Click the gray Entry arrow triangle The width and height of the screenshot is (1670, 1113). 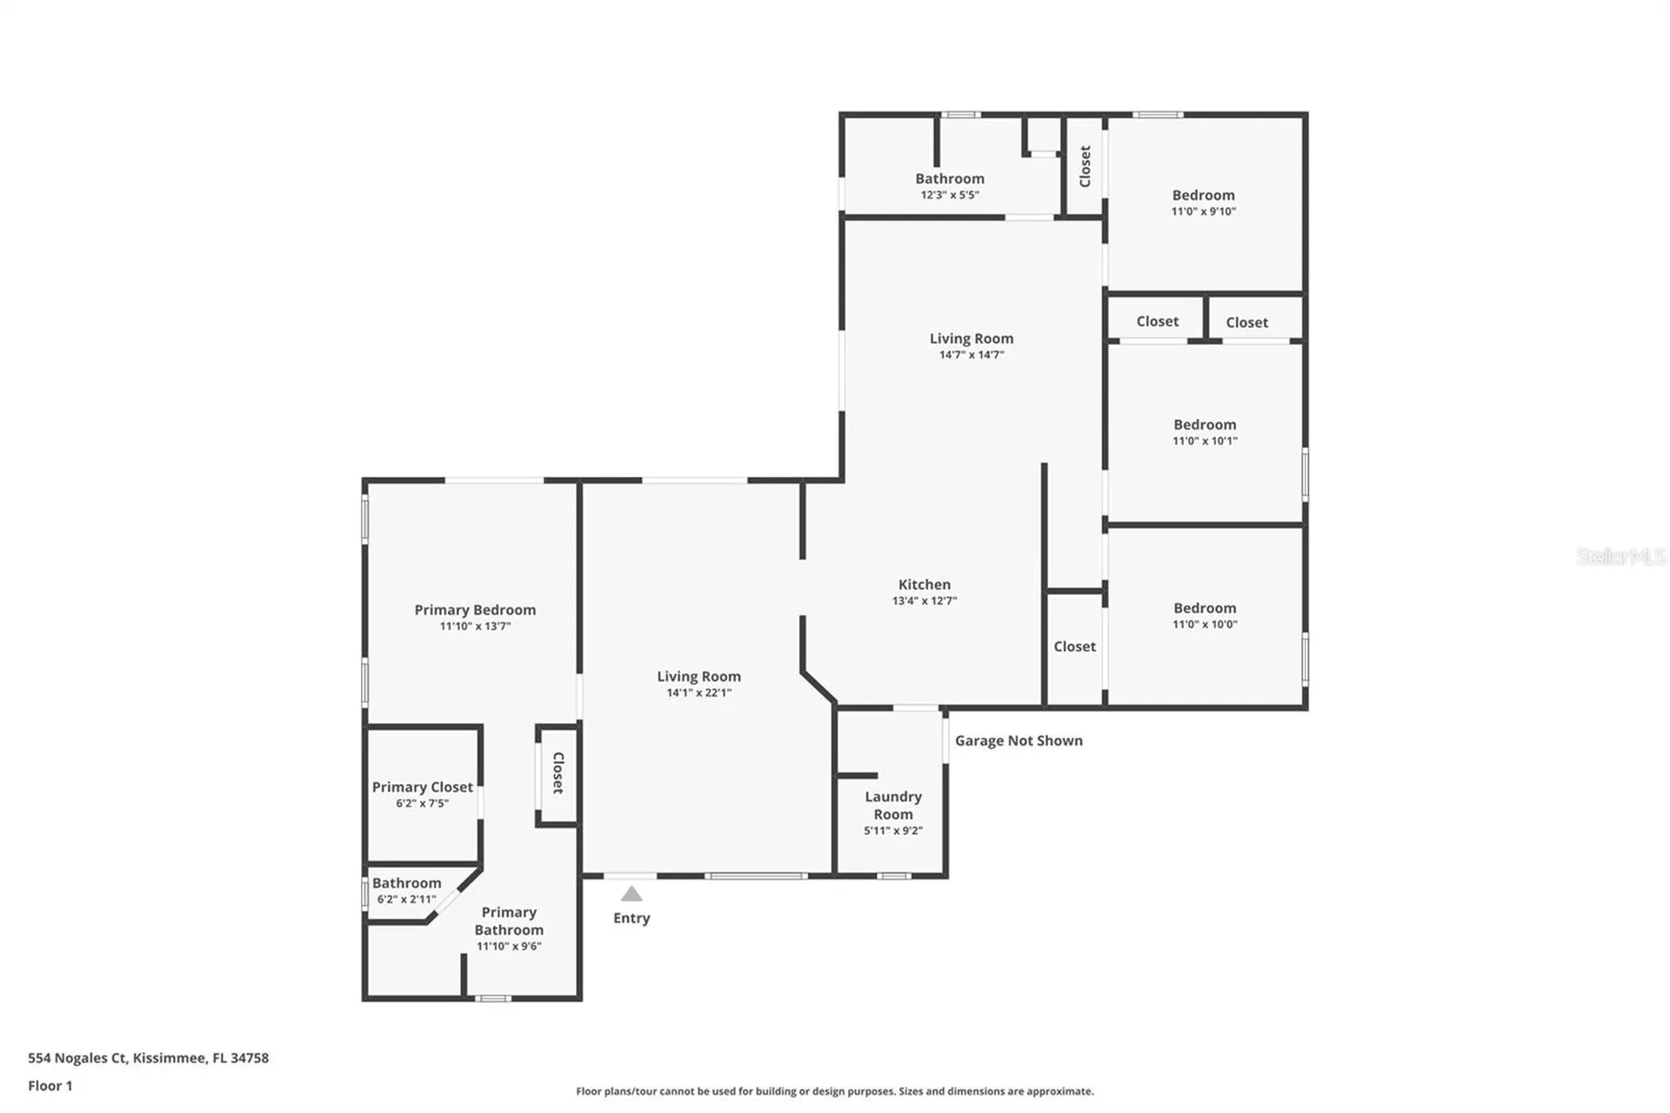pos(631,894)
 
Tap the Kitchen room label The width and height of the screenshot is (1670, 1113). pos(924,585)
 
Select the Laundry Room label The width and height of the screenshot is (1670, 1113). pos(893,805)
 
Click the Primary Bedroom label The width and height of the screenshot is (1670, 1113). pos(475,610)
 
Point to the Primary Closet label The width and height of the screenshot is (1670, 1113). pos(423,787)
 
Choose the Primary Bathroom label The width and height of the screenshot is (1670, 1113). pos(509,921)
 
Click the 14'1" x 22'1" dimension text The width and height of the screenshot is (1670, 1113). pos(698,693)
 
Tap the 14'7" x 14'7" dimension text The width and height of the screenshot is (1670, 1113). pos(972,354)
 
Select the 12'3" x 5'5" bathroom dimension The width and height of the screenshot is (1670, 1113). pos(950,195)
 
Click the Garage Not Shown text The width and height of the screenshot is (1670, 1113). pos(1019,741)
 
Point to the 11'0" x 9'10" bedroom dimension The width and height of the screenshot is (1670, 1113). pos(1204,211)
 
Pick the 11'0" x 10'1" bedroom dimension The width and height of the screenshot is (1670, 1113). pos(1205,441)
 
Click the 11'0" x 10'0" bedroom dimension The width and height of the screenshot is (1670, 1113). pos(1205,624)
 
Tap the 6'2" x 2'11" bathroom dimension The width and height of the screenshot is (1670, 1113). pos(406,899)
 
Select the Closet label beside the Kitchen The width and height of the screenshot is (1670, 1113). pos(1074,647)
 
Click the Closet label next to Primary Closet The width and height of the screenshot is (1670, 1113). pos(558,773)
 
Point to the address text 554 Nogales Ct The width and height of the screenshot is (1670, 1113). pos(77,1058)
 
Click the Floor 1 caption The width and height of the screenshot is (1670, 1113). pos(50,1086)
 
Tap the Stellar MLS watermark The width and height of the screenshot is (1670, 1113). pos(1621,556)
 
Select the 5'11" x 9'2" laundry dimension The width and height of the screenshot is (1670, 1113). pos(893,830)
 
